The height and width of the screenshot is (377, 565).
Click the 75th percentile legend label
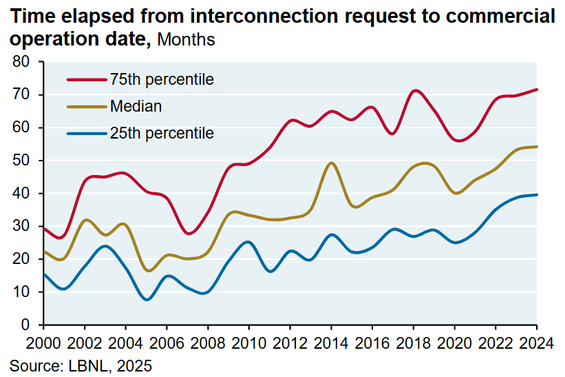162,79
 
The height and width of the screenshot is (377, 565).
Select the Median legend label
136,106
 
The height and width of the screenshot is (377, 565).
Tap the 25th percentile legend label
162,133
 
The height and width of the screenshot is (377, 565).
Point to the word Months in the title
186,40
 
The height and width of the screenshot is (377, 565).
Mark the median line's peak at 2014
332,163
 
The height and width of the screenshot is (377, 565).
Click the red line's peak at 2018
414,90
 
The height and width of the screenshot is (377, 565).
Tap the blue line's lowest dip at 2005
147,300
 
